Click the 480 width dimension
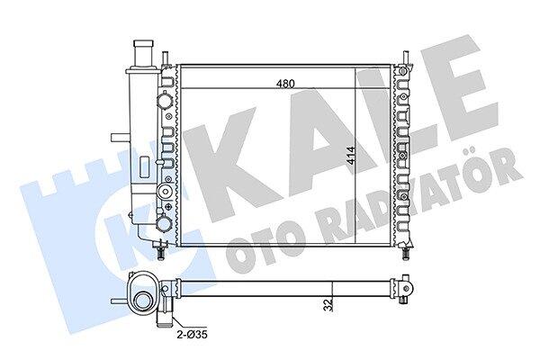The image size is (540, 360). tap(286, 84)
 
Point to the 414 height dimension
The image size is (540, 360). tap(350, 157)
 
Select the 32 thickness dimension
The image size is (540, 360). tap(329, 305)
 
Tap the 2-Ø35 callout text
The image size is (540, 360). tap(193, 335)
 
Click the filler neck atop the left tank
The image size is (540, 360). tap(144, 54)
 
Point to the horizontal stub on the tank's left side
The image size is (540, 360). tap(120, 138)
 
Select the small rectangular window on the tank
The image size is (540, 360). tap(145, 167)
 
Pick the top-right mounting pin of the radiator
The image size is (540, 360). tap(407, 58)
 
